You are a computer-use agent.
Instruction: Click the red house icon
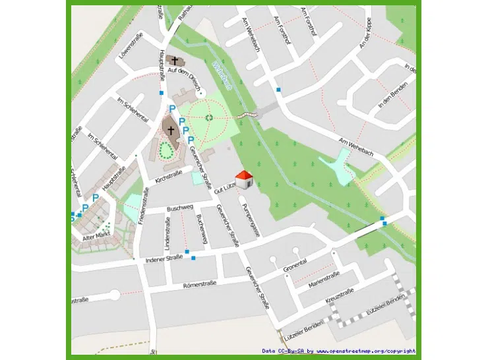(x=244, y=178)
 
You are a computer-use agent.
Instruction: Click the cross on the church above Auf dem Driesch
(x=174, y=61)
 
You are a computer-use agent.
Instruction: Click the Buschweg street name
(x=179, y=208)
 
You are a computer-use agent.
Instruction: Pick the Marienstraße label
(x=323, y=280)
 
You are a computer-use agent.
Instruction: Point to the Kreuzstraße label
(x=340, y=296)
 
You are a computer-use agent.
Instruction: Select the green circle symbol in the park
(x=209, y=117)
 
